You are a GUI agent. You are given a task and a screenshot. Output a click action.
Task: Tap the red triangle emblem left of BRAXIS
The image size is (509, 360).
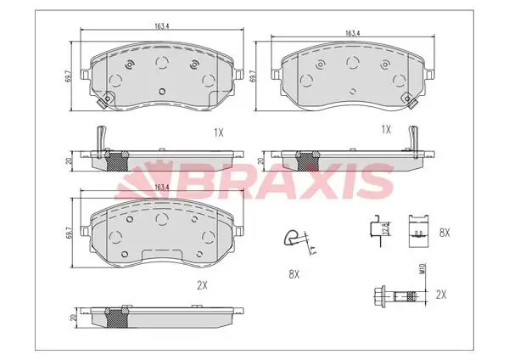pos(145,181)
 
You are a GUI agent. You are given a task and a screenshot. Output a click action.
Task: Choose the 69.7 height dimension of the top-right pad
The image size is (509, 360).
pos(253,77)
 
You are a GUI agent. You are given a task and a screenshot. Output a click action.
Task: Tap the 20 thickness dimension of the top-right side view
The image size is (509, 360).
pos(261,159)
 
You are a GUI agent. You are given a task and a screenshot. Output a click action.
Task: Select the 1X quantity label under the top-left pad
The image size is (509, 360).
pos(218,132)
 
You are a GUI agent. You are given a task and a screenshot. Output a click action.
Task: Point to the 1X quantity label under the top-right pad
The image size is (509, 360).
pos(386,129)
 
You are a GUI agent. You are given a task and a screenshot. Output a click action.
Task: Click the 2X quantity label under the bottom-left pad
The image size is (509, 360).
pos(202,286)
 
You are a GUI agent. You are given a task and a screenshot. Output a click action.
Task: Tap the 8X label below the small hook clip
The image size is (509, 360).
pos(294,273)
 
